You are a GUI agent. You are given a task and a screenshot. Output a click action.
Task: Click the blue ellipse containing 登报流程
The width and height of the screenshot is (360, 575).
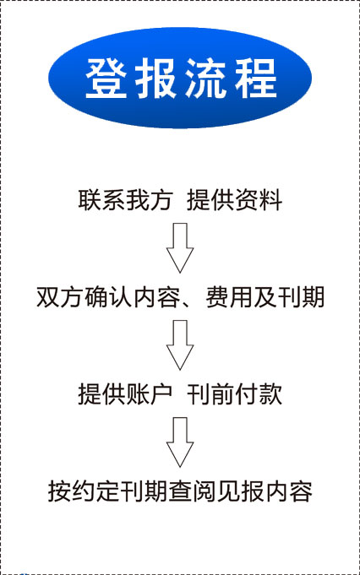click(180, 78)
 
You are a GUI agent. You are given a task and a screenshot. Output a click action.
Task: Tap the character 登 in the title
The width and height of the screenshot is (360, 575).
click(106, 79)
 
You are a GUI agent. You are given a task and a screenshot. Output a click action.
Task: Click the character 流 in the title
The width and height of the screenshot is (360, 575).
click(205, 79)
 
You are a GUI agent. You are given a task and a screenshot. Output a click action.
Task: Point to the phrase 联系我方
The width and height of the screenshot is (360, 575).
click(125, 200)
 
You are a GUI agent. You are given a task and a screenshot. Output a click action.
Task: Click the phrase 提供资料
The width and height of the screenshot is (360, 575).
click(234, 200)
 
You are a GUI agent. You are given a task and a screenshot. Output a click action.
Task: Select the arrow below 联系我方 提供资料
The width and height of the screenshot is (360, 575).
click(180, 248)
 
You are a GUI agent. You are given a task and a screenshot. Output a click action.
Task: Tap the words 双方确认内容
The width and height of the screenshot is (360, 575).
click(109, 296)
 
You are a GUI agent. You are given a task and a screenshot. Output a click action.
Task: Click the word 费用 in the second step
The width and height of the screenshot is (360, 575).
click(229, 296)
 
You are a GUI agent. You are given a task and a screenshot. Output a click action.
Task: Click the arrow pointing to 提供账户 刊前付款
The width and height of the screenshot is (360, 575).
click(180, 345)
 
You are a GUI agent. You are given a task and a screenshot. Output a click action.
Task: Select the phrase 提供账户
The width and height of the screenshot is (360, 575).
click(125, 394)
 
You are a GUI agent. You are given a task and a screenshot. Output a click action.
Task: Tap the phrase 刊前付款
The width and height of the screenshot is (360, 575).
click(234, 394)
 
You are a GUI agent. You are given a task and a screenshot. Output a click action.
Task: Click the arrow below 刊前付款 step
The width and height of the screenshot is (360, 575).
click(180, 442)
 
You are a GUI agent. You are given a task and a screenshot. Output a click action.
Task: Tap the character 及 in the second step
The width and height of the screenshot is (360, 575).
click(265, 296)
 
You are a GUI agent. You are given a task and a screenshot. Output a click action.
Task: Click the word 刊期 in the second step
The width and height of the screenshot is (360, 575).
click(301, 296)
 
